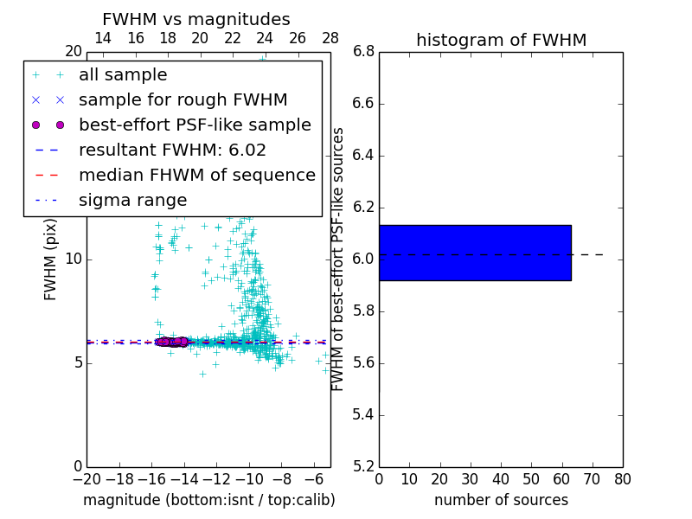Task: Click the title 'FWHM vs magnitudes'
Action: click(196, 19)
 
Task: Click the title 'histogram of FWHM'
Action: click(501, 40)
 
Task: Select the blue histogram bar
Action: click(475, 253)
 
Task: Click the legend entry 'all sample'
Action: click(123, 75)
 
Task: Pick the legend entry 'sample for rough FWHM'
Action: click(183, 100)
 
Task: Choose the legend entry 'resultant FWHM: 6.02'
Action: click(172, 151)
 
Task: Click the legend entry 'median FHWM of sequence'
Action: click(196, 176)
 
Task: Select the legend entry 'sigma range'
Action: click(132, 201)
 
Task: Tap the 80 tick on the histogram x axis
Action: click(622, 479)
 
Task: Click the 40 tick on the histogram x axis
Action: click(501, 479)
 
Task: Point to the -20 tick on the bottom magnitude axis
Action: click(86, 479)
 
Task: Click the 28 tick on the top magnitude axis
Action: click(330, 38)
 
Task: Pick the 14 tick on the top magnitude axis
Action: click(102, 38)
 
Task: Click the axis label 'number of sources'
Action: click(501, 500)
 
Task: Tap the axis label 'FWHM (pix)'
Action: click(51, 259)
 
